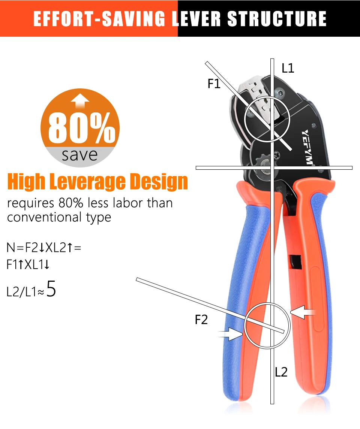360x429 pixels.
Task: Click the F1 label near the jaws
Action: click(x=214, y=84)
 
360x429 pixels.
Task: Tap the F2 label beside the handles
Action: click(x=201, y=320)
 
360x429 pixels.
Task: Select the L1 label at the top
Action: click(x=288, y=68)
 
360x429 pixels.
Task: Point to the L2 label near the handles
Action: click(x=281, y=372)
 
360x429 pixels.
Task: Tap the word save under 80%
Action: click(x=79, y=154)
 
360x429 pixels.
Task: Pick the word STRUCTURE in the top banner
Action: click(x=277, y=19)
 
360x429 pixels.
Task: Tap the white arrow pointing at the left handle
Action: click(x=231, y=333)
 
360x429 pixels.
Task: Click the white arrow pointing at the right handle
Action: click(x=303, y=312)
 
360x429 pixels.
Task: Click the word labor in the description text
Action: click(x=126, y=203)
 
